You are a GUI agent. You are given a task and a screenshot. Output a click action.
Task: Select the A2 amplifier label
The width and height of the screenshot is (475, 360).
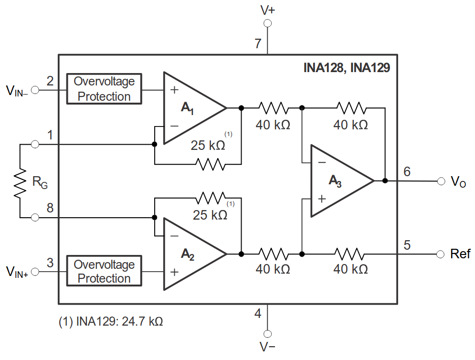tap(188, 254)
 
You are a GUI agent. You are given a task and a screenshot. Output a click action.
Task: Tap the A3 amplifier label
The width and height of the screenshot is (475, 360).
tap(335, 181)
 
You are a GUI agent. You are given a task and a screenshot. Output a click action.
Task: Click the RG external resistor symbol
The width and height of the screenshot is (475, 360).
tap(20, 183)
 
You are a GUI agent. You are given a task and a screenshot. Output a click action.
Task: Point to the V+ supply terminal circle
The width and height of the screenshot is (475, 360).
tap(267, 23)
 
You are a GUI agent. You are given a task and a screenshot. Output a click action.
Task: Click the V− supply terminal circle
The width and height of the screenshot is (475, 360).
tap(267, 334)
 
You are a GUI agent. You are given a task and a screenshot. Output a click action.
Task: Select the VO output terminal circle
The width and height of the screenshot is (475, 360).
tap(441, 181)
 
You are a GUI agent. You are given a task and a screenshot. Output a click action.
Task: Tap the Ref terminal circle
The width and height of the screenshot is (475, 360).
tap(440, 254)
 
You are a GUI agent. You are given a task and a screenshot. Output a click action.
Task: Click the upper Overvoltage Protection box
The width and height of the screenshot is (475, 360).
tap(104, 89)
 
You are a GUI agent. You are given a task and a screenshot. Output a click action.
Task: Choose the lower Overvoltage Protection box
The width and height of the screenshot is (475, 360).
tap(104, 271)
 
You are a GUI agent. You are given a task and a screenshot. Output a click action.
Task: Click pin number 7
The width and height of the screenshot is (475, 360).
tap(258, 43)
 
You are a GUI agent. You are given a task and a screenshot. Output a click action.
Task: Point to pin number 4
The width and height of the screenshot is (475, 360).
tap(258, 313)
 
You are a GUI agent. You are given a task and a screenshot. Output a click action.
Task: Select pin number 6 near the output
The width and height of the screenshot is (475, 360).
tap(407, 171)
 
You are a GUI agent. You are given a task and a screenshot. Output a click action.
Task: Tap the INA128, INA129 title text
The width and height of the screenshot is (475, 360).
tap(347, 68)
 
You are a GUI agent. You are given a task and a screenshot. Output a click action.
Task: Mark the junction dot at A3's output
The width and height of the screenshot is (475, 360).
tap(385, 181)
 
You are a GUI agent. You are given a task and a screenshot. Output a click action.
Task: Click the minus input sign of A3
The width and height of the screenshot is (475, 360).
tap(322, 163)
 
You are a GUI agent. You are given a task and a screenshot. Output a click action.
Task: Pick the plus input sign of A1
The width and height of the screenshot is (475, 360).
tap(174, 90)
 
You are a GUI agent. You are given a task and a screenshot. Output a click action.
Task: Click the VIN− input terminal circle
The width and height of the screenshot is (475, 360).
tap(35, 90)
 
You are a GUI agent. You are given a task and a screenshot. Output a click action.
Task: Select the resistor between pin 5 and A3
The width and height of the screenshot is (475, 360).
tap(350, 254)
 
